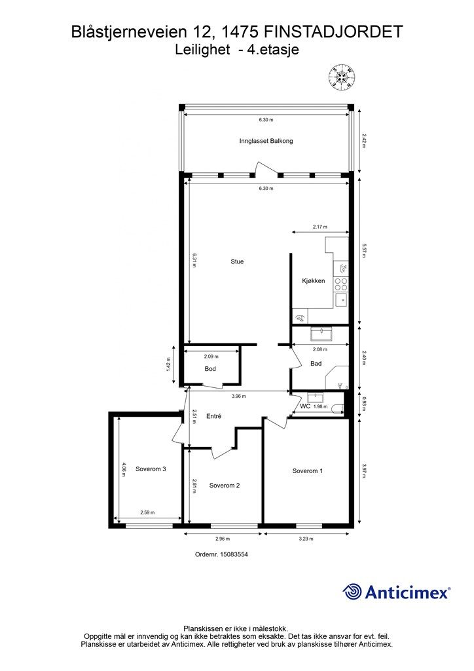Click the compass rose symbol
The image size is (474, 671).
(342, 77)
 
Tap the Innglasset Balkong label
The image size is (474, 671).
(266, 141)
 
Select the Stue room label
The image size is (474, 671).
(237, 261)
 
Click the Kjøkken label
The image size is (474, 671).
(314, 280)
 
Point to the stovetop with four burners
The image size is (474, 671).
(341, 284)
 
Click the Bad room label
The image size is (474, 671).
(316, 363)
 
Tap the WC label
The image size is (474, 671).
(304, 406)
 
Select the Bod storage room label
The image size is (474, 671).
(210, 368)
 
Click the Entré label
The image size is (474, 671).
(213, 416)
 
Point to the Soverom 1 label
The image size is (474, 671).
(307, 470)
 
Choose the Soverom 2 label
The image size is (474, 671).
(225, 486)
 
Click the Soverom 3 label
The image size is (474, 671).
(151, 469)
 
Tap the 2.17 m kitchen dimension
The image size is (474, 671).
(319, 227)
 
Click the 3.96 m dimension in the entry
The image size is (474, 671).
(238, 396)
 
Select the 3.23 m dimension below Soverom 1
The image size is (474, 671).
(306, 539)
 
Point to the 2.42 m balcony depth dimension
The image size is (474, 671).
(364, 141)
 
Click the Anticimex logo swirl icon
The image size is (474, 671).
(352, 592)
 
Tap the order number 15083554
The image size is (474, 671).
(234, 554)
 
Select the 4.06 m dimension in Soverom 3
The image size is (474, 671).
(124, 469)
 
